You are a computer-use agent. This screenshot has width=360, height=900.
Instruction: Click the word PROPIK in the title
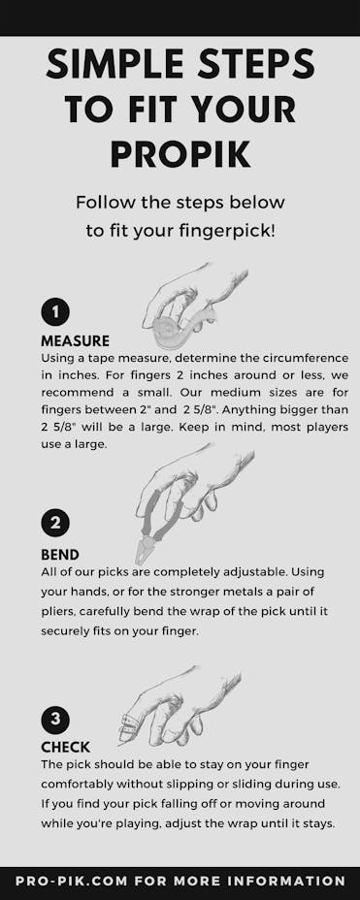(180, 153)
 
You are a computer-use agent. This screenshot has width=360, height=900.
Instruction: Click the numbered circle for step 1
(55, 312)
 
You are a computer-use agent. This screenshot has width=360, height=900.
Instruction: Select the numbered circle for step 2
(55, 524)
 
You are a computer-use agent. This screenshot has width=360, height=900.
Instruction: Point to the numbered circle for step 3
(55, 720)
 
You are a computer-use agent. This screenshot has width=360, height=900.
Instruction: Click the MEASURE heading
(76, 341)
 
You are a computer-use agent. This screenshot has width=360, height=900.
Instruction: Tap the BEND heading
(60, 555)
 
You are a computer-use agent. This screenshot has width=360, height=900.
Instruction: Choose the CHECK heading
(65, 748)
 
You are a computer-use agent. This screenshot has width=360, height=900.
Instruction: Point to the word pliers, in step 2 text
(58, 612)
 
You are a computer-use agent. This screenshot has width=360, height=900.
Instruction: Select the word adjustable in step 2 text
(239, 573)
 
